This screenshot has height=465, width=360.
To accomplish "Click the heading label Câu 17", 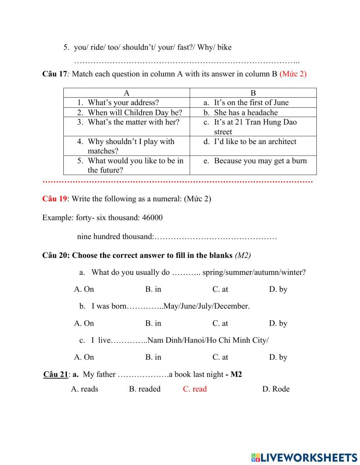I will click(x=55, y=74).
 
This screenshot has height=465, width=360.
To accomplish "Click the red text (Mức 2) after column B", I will click(x=293, y=74).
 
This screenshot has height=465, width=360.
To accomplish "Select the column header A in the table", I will click(x=127, y=93).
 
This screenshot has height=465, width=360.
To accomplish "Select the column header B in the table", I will click(x=253, y=93).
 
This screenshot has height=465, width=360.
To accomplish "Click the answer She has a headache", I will click(x=246, y=112).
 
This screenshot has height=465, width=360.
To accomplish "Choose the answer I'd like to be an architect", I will click(x=255, y=142).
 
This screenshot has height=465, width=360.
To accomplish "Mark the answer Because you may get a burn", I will click(x=260, y=161).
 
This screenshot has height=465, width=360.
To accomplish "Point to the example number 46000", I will click(x=152, y=218).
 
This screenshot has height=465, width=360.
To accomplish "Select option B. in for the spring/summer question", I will click(x=153, y=289).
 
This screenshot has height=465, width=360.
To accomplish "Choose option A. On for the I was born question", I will click(x=84, y=323).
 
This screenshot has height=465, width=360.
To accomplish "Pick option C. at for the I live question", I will click(x=220, y=357).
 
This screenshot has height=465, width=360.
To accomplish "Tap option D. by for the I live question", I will click(x=278, y=357).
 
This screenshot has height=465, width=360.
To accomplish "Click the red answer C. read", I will click(x=195, y=389).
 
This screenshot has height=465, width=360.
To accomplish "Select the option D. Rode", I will click(x=276, y=389).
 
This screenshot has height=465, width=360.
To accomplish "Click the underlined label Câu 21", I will click(x=55, y=375).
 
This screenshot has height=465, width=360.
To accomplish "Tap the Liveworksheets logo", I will click(x=304, y=457).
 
